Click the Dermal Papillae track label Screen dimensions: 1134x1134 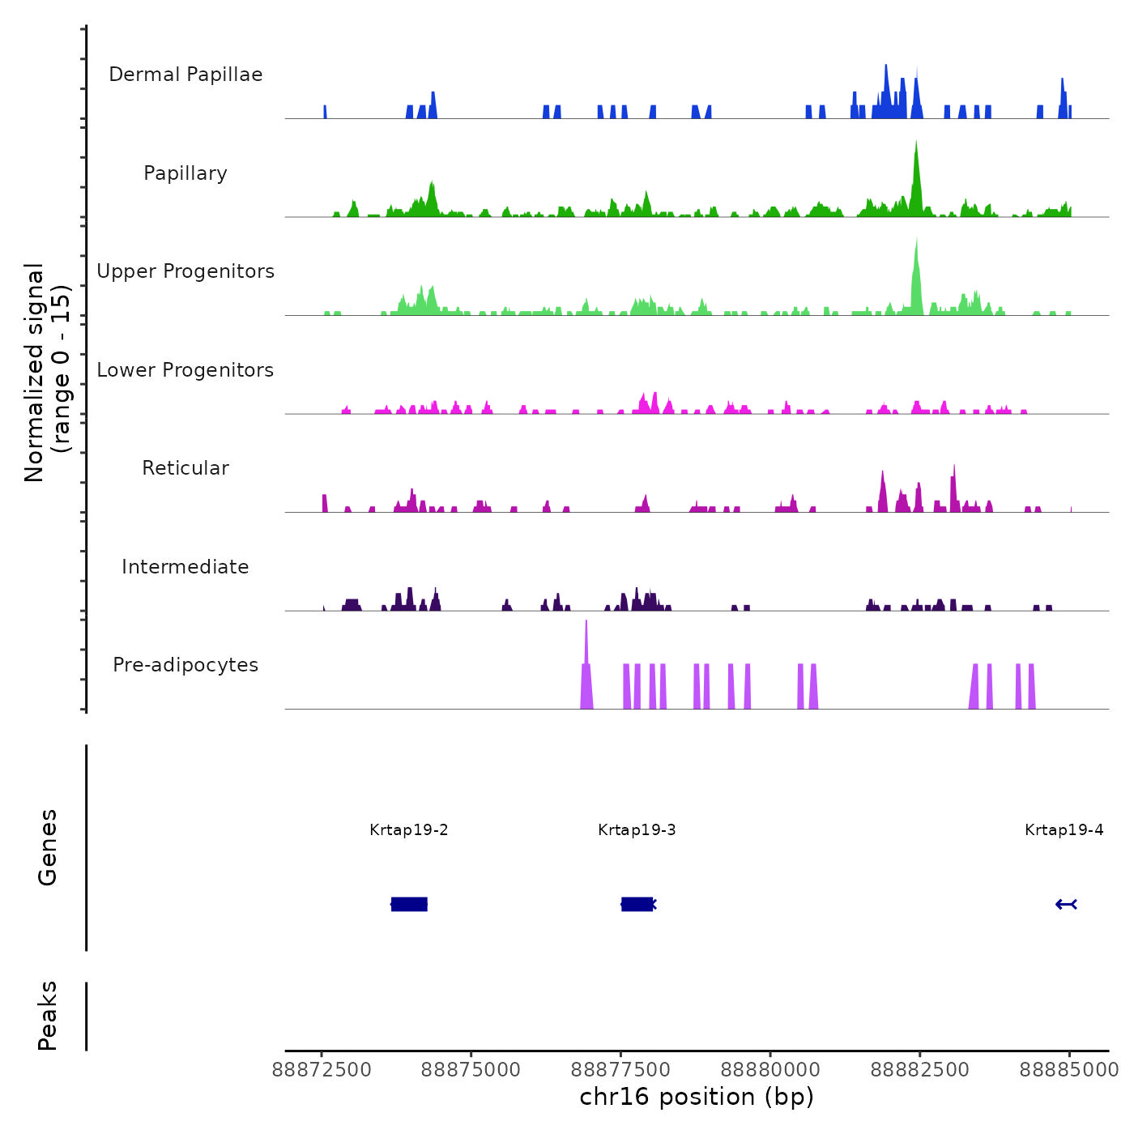[185, 75]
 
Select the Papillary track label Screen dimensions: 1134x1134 [185, 173]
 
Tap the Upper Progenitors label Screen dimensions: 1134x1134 [185, 271]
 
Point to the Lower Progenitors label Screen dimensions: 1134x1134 [185, 370]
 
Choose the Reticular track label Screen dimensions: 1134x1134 [185, 468]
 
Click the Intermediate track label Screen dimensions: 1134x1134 [185, 567]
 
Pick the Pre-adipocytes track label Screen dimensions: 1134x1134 [185, 665]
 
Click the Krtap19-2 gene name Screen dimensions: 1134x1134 [409, 830]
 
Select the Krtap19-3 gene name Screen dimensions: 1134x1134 [637, 830]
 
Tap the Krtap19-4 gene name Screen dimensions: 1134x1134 [1064, 830]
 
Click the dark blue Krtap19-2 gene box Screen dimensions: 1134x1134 [409, 904]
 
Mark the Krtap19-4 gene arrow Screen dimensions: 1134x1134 [1066, 904]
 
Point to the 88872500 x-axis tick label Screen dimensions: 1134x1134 [322, 1070]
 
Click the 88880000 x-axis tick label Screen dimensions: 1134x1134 [770, 1070]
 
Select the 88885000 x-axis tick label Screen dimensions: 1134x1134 [1069, 1070]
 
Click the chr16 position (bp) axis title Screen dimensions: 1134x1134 [697, 1097]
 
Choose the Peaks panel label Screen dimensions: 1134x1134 [48, 1016]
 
